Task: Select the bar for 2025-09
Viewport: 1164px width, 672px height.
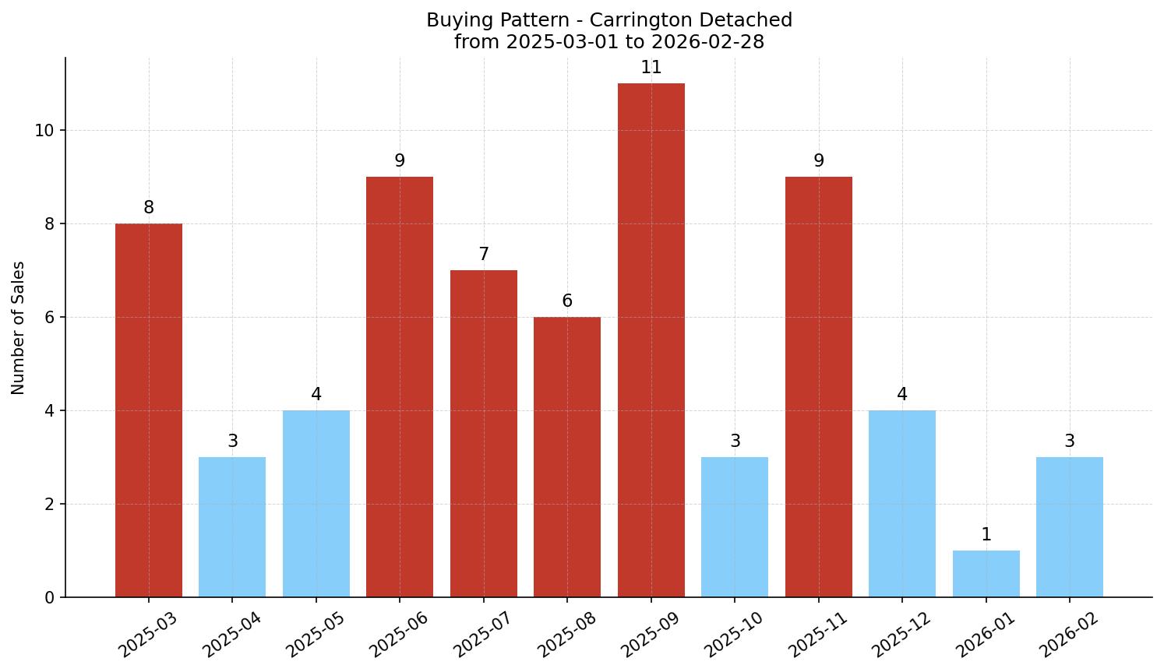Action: pos(651,340)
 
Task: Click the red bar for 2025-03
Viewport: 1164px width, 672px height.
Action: pos(149,410)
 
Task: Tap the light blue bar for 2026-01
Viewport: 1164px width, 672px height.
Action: pos(986,574)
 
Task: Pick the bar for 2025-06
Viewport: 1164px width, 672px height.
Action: pos(400,387)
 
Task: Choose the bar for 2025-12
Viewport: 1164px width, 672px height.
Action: pos(902,504)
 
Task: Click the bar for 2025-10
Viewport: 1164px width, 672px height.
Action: pos(735,527)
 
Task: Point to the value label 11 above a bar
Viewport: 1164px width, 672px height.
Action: pos(651,68)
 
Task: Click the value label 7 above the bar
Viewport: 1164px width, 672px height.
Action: pos(483,255)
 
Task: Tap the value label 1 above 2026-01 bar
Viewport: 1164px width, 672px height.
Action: pos(986,535)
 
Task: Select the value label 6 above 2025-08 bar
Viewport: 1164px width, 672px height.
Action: pos(567,301)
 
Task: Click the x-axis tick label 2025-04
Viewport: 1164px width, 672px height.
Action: pos(232,635)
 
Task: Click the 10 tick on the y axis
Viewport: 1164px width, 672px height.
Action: pos(44,131)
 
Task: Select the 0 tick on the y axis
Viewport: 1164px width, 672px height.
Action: pos(50,597)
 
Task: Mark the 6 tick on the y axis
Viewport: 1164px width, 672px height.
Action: pos(50,318)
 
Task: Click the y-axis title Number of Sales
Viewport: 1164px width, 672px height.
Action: pos(19,328)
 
